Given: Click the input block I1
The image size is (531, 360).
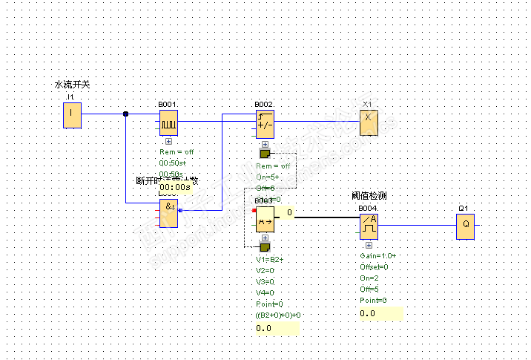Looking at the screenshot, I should [72, 115].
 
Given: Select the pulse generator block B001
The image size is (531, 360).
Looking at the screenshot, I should [168, 122].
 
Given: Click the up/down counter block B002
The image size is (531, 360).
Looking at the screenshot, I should [265, 122].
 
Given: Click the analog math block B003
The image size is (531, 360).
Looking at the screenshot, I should [265, 219].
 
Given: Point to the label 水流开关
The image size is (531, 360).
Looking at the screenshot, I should [72, 85].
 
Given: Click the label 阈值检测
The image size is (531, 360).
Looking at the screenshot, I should [369, 196].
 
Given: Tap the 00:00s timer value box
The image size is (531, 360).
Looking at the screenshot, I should [175, 188].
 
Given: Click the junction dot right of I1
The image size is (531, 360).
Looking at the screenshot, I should [125, 114].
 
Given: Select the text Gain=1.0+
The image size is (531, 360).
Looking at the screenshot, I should [378, 255].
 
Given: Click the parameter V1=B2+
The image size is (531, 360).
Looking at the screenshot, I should [270, 260].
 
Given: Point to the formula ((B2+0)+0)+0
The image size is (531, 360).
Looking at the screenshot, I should [278, 315].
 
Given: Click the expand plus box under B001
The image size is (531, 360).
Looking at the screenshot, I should [168, 140].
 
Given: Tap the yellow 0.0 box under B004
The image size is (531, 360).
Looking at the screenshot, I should [380, 313].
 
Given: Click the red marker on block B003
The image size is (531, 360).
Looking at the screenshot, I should [254, 211].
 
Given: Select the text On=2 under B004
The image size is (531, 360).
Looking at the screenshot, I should [370, 278].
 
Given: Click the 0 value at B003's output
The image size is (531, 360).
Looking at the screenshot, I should [289, 212].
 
